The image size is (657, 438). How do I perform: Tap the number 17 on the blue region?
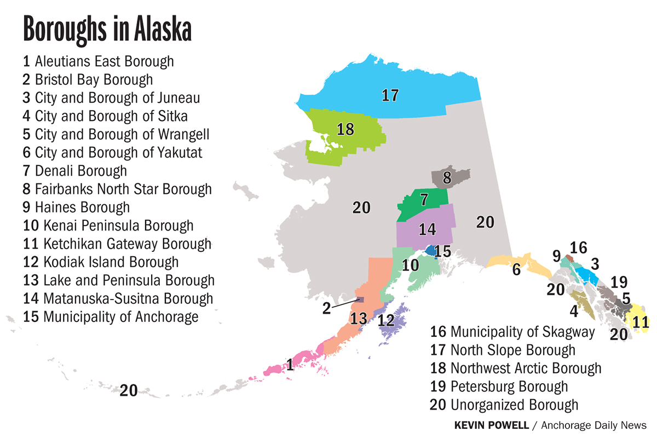(389, 95)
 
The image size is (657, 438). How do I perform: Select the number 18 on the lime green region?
(345, 130)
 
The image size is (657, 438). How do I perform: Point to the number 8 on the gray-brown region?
(447, 177)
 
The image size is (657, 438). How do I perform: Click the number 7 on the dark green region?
(424, 200)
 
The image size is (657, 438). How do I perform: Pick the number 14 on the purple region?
(427, 229)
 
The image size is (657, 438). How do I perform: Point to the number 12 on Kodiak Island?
(386, 320)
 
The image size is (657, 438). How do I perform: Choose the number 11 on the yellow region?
(640, 321)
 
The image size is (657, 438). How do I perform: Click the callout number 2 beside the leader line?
(326, 308)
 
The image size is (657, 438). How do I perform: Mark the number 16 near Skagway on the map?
(578, 248)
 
